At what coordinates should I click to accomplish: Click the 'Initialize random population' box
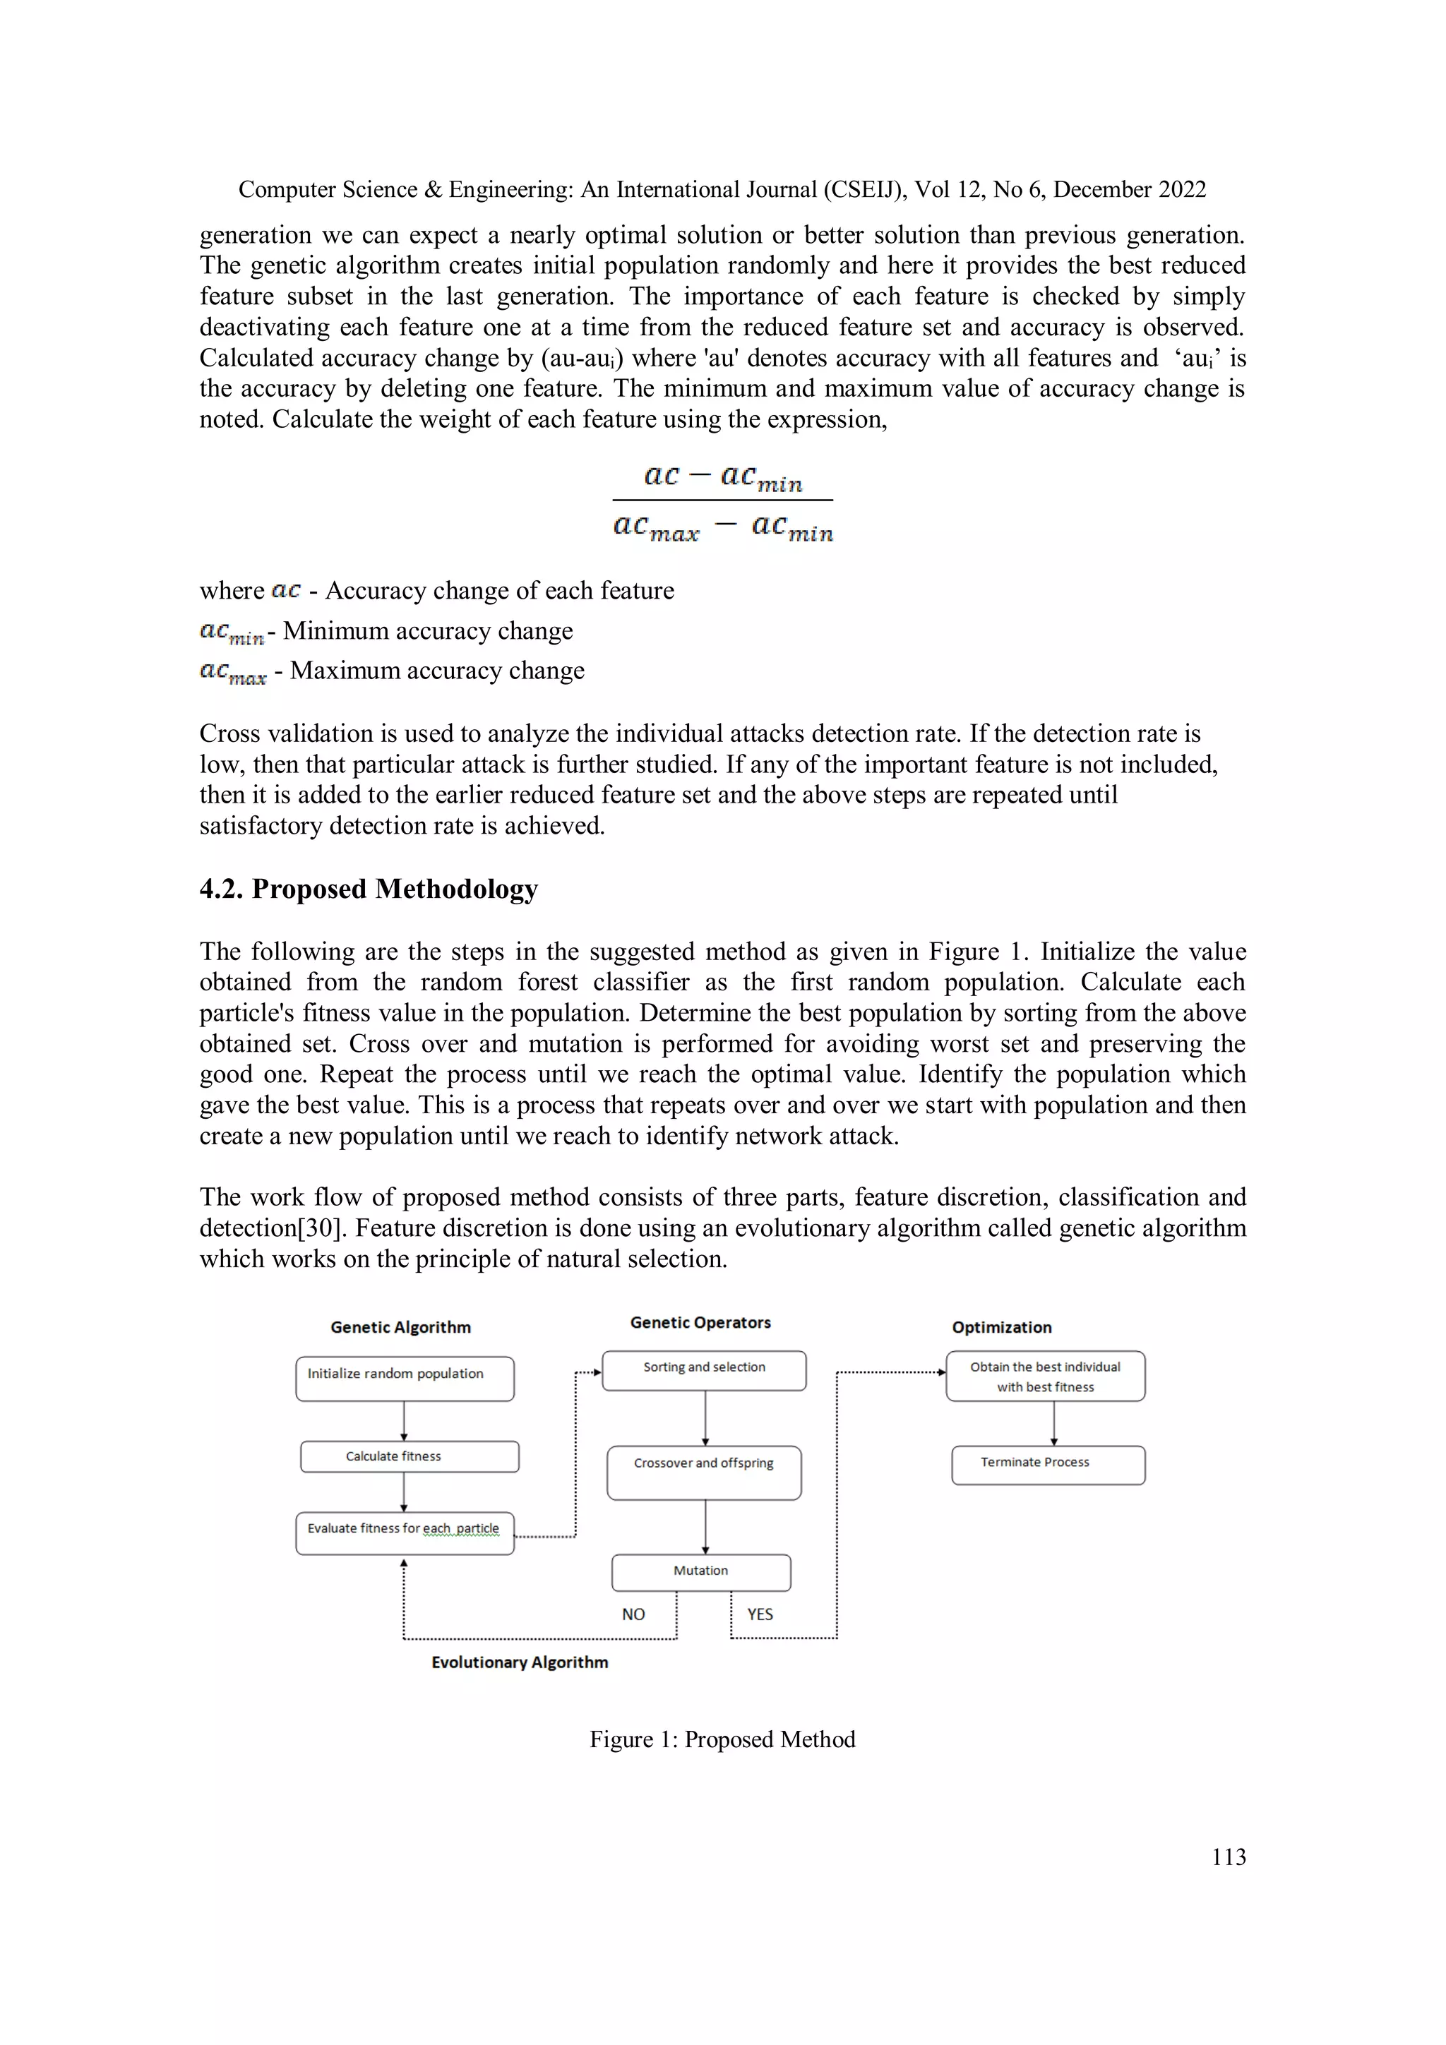(x=405, y=1378)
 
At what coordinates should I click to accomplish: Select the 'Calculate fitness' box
(x=409, y=1456)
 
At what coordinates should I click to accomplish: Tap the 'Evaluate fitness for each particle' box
(x=405, y=1533)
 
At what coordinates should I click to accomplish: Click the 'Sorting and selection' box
(x=704, y=1370)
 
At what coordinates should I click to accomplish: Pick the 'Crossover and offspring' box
(x=704, y=1473)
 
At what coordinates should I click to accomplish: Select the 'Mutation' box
(x=700, y=1572)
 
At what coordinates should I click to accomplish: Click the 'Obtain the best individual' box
(x=1045, y=1376)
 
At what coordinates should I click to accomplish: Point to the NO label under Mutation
(x=633, y=1614)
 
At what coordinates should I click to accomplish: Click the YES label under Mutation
(x=760, y=1614)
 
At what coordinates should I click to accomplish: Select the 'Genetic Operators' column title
(x=700, y=1323)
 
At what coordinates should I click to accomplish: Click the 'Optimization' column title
(x=1001, y=1327)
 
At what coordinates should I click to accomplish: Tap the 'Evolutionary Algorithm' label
(x=520, y=1662)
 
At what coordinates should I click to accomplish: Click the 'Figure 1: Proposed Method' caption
(x=722, y=1739)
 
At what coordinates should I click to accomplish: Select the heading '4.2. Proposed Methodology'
(x=369, y=889)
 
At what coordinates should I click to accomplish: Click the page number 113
(x=1228, y=1857)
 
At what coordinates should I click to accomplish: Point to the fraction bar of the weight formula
(x=722, y=500)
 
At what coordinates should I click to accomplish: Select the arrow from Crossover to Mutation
(x=705, y=1527)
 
